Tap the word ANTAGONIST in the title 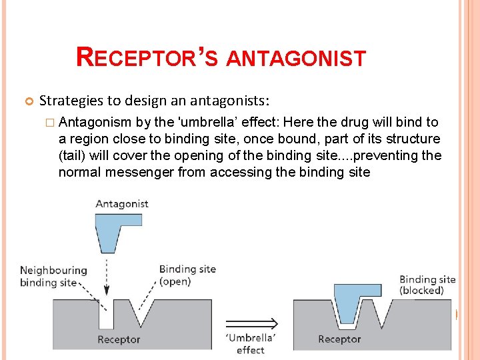pyautogui.click(x=296, y=59)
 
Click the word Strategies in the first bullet pyautogui.click(x=71, y=101)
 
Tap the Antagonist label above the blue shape pyautogui.click(x=121, y=203)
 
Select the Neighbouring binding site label pyautogui.click(x=53, y=276)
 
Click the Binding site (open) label pyautogui.click(x=187, y=275)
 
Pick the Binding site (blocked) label pyautogui.click(x=427, y=285)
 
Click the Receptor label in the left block pyautogui.click(x=119, y=339)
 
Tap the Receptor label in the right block pyautogui.click(x=339, y=339)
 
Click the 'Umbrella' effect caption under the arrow pyautogui.click(x=251, y=343)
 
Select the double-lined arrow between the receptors pyautogui.click(x=251, y=324)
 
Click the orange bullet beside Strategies pyautogui.click(x=28, y=101)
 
